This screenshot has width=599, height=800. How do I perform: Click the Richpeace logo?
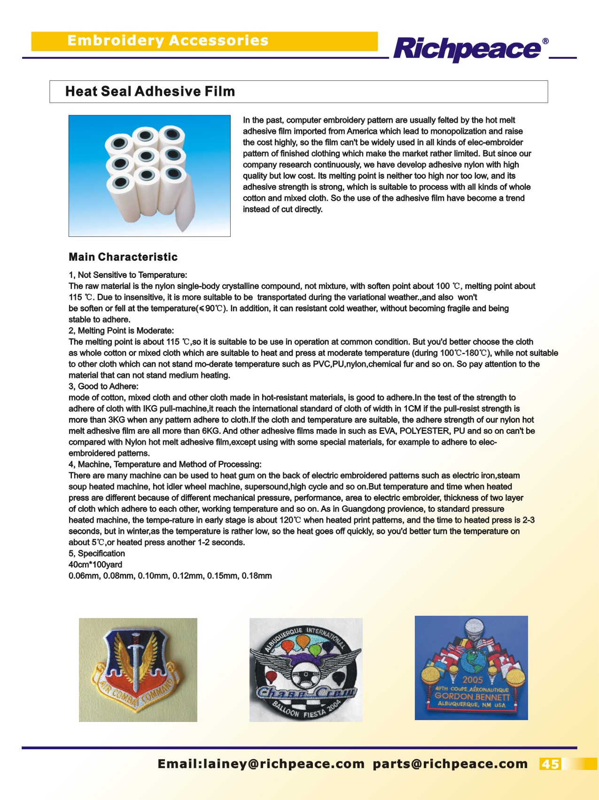[467, 48]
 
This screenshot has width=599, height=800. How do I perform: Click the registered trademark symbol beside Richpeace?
[545, 41]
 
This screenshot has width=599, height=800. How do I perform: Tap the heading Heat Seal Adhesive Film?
[150, 91]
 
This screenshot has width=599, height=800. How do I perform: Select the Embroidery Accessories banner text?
[168, 40]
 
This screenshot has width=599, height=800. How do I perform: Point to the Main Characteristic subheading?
[123, 257]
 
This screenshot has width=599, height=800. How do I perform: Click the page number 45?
[550, 764]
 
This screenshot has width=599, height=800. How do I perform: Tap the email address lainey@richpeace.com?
[282, 764]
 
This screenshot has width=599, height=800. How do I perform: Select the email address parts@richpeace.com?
[450, 764]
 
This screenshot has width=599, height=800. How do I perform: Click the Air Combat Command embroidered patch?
[138, 670]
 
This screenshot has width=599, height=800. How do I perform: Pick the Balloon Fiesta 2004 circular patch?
[306, 670]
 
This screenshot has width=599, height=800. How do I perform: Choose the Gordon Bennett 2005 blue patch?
[471, 667]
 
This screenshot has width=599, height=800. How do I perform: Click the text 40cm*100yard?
[95, 565]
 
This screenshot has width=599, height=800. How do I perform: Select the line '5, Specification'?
[97, 553]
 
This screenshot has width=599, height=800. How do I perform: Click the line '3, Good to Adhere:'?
[103, 386]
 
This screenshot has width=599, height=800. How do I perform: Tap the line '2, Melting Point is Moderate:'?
[121, 330]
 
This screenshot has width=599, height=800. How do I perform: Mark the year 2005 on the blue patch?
[472, 680]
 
